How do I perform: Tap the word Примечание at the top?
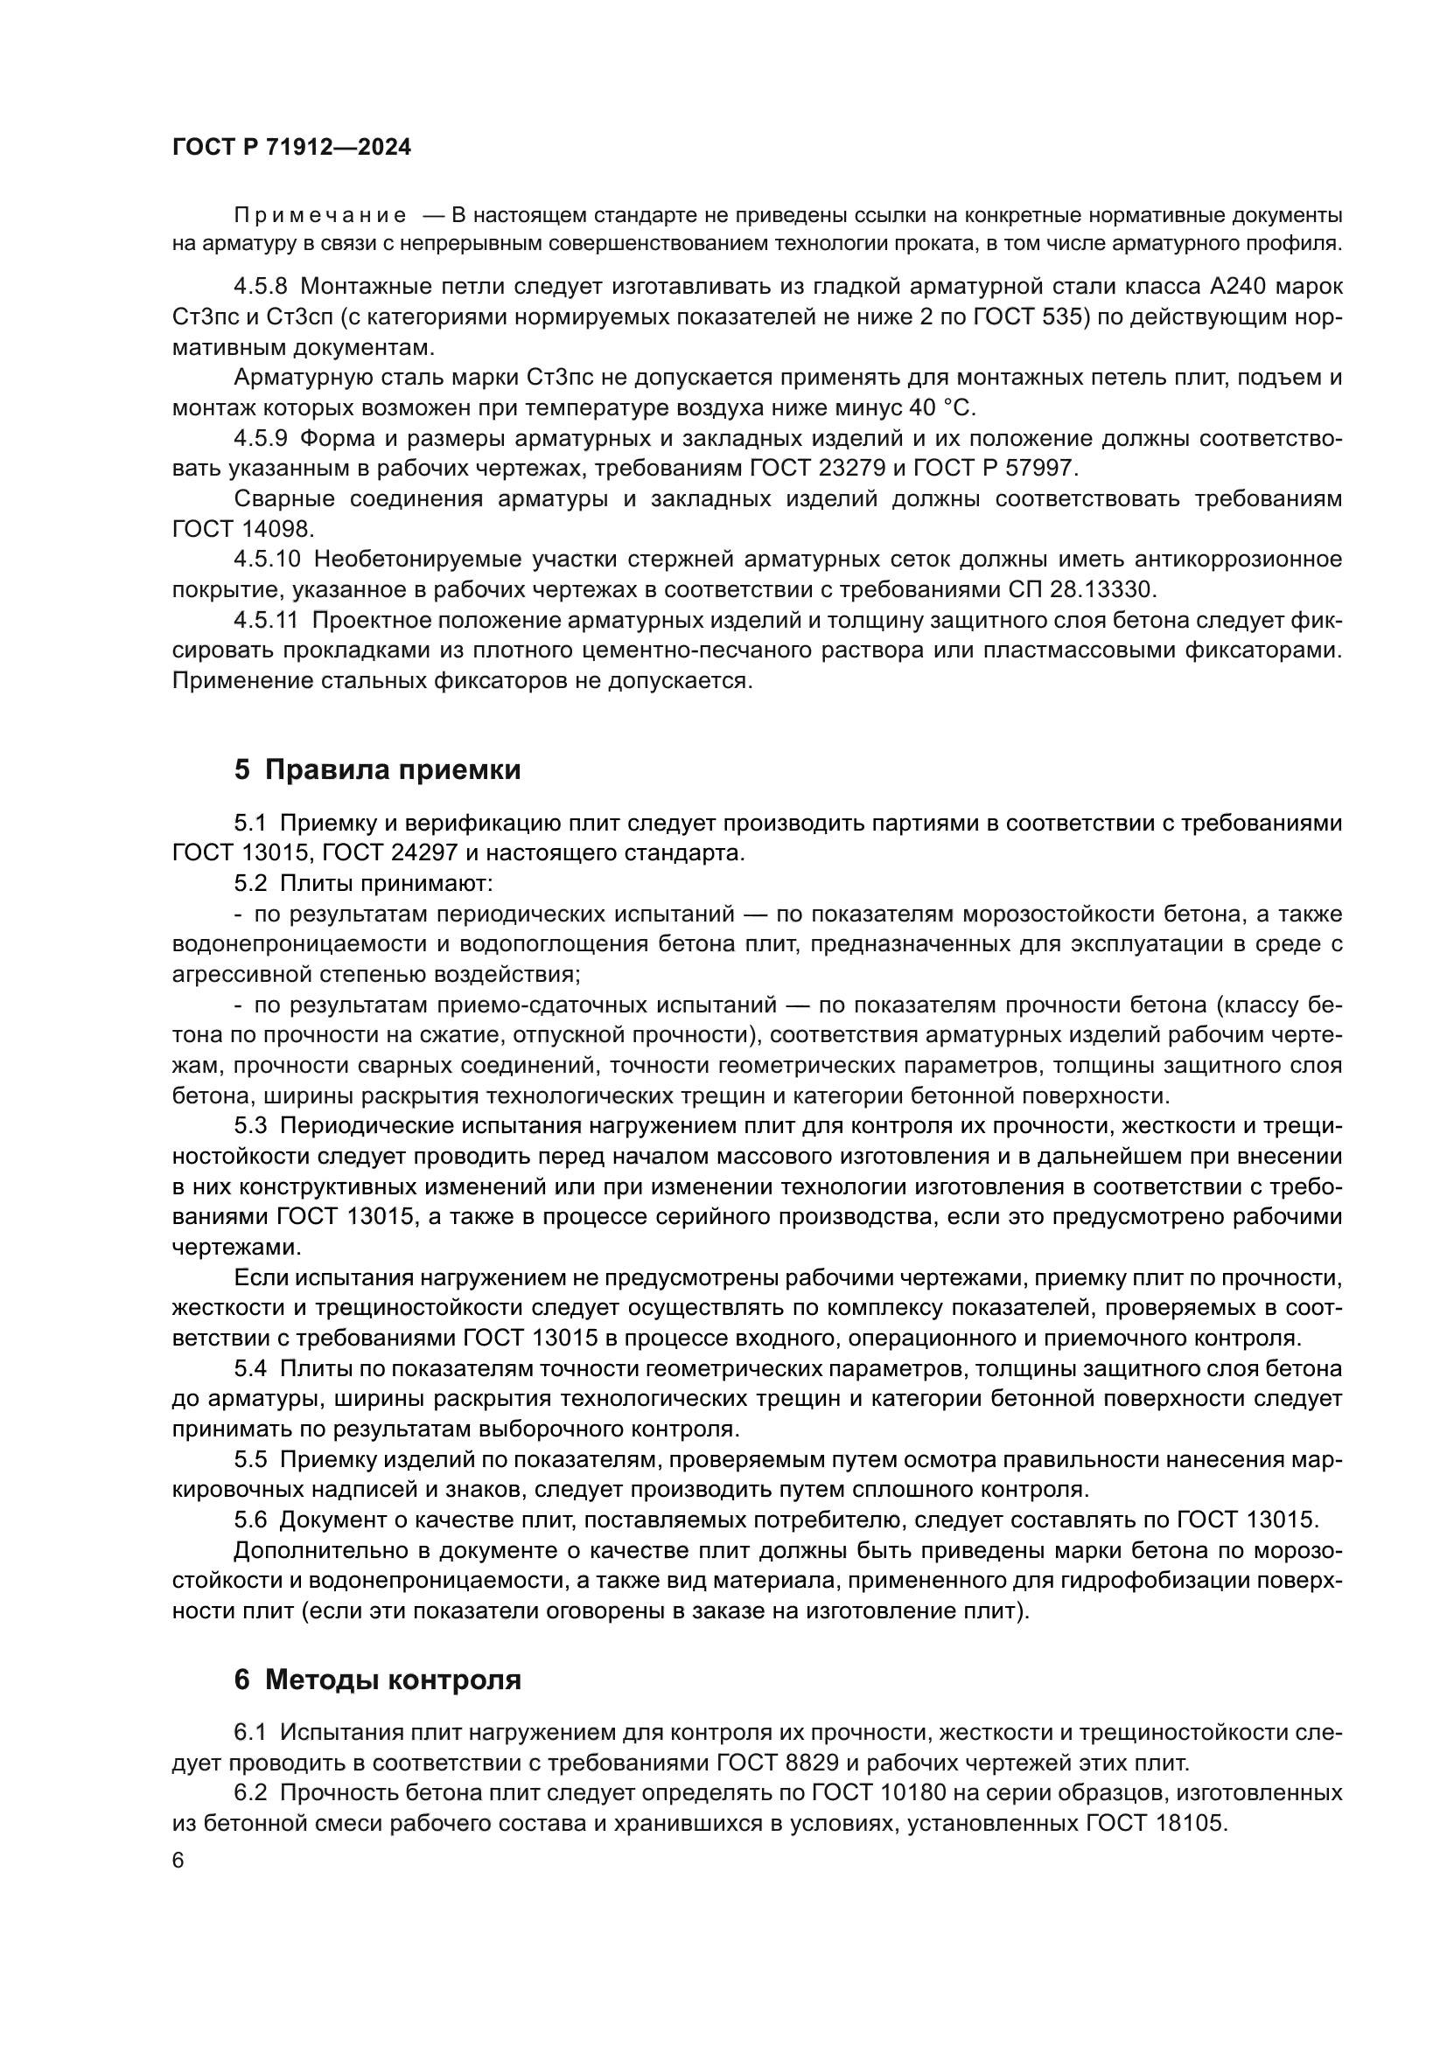pyautogui.click(x=320, y=216)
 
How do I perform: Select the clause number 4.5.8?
pyautogui.click(x=260, y=287)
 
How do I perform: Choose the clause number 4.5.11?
pyautogui.click(x=267, y=620)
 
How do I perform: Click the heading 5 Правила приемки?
pyautogui.click(x=377, y=769)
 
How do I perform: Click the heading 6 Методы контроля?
pyautogui.click(x=377, y=1680)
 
